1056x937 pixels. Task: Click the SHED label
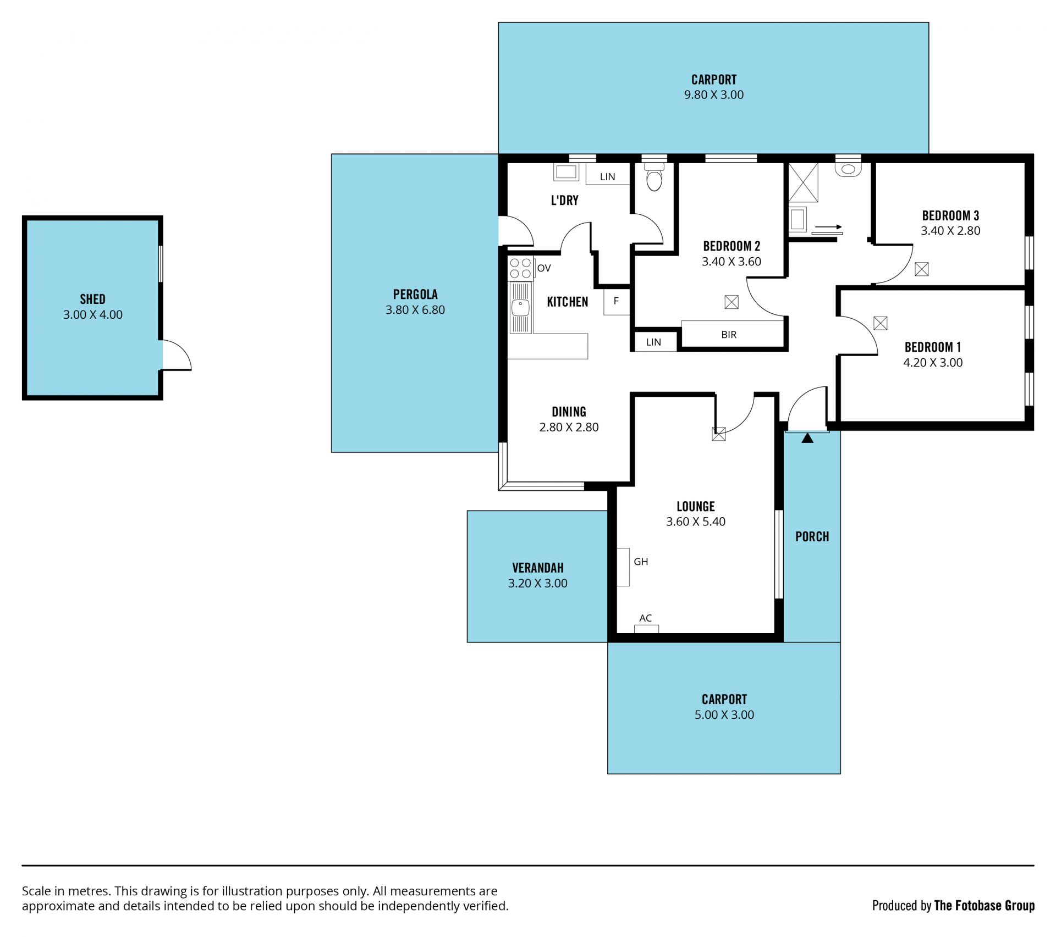(x=92, y=300)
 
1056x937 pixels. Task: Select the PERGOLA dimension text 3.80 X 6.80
(x=415, y=310)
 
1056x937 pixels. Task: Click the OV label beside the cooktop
(x=544, y=268)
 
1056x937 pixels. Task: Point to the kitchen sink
(x=520, y=308)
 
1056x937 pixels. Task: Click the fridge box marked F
(x=617, y=302)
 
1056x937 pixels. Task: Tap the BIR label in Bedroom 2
(x=729, y=335)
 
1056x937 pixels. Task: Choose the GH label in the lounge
(x=641, y=562)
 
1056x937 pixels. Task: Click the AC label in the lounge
(x=646, y=618)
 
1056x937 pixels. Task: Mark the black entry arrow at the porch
(x=807, y=438)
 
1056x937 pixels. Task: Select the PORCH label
(x=812, y=537)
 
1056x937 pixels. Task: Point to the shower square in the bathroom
(x=804, y=183)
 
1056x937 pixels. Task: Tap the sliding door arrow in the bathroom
(x=828, y=227)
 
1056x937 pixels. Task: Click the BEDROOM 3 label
(x=950, y=216)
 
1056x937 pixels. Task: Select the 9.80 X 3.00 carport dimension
(x=714, y=95)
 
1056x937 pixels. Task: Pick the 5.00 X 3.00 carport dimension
(x=724, y=715)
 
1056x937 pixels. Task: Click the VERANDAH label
(x=538, y=568)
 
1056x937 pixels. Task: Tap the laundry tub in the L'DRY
(x=566, y=172)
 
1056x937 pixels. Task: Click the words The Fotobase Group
(x=985, y=906)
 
